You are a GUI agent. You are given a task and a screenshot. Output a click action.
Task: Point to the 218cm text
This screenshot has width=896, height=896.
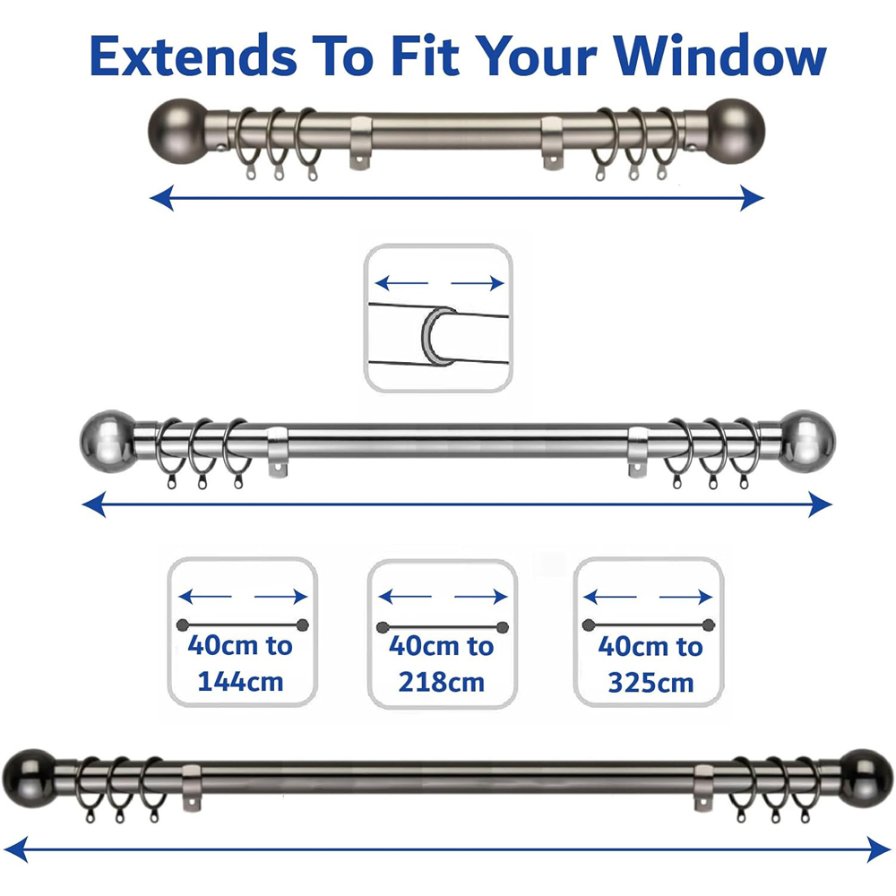tap(442, 683)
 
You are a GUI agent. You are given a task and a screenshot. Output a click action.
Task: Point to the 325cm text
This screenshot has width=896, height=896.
tap(650, 683)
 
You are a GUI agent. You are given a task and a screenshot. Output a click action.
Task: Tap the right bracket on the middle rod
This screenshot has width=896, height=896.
tap(638, 449)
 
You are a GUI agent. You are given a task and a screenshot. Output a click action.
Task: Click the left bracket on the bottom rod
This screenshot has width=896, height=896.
tap(191, 788)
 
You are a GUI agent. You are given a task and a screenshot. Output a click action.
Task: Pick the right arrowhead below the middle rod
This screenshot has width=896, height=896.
tap(820, 506)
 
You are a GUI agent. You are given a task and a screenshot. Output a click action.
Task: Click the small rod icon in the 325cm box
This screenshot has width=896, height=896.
tap(649, 625)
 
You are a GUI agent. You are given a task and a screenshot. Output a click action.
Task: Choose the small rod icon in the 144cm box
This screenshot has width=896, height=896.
tap(242, 625)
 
